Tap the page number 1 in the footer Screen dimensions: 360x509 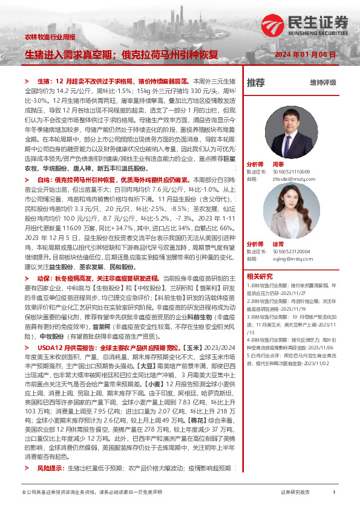(334, 493)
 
